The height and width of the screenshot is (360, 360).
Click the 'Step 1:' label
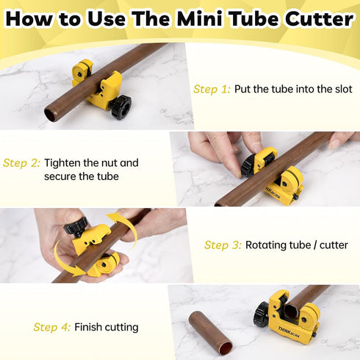tap(212, 89)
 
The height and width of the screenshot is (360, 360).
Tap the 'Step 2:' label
tap(21, 163)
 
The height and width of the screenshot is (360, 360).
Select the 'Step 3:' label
tap(222, 245)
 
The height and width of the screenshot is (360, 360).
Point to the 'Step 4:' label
tap(51, 327)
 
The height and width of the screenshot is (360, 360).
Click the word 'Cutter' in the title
tap(318, 19)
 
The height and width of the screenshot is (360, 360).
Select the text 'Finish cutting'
tap(106, 327)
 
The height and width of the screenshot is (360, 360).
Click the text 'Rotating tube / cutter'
tap(296, 245)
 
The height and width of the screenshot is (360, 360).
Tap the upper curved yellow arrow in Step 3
tap(125, 224)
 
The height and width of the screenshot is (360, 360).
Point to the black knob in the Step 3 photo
tap(76, 225)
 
